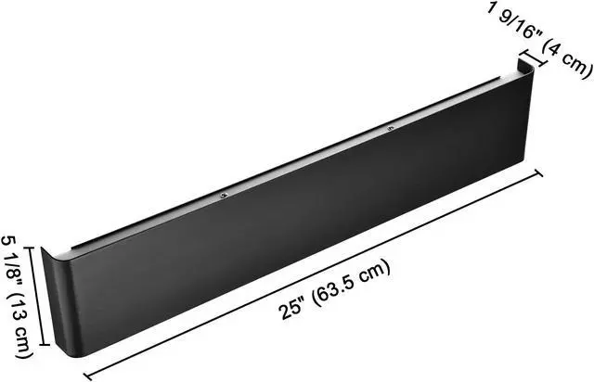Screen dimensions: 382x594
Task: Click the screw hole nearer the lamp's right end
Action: point(390,129)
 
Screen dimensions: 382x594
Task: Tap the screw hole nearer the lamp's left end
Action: point(224,197)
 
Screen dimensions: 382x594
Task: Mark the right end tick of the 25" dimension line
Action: point(540,172)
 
